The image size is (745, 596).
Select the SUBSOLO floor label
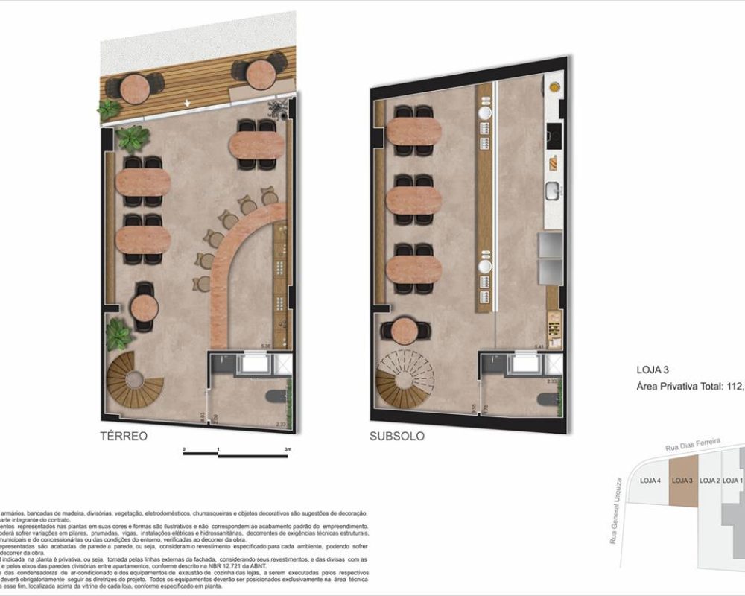[397, 436]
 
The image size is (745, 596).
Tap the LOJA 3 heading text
[653, 369]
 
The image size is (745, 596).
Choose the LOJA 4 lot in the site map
[650, 481]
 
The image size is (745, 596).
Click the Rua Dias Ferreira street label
[693, 445]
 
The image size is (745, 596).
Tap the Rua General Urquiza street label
[615, 510]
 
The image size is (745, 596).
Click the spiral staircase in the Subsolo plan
[405, 379]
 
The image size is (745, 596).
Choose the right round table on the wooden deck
[261, 72]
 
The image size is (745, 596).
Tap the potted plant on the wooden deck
[109, 110]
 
